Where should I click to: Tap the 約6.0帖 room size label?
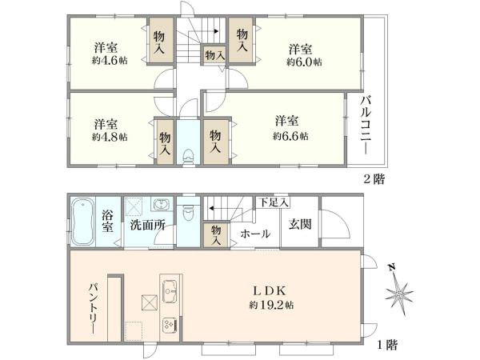click(x=306, y=62)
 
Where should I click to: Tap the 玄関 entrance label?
click(x=300, y=223)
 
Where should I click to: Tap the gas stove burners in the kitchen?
click(x=170, y=325)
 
